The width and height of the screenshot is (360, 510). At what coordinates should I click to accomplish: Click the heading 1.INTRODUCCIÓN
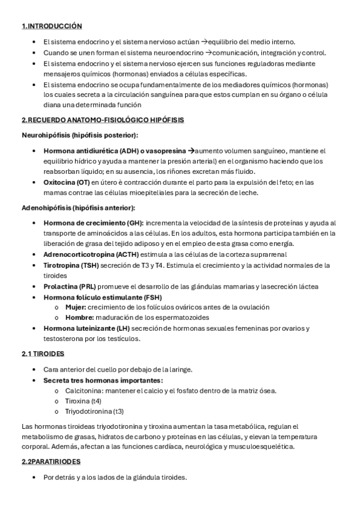coord(51,26)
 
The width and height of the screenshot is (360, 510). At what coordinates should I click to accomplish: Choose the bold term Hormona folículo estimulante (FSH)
coord(103,297)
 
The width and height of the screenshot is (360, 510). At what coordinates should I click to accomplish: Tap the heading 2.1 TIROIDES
coord(43,354)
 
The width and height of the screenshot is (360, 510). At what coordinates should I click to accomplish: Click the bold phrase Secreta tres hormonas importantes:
coord(103,381)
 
